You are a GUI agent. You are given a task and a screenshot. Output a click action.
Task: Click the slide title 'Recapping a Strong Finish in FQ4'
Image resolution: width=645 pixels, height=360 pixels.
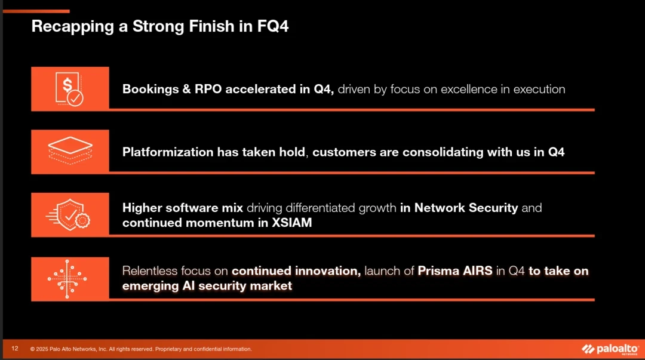click(160, 27)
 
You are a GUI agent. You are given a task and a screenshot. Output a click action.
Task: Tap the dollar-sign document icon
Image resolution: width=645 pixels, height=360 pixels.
click(69, 89)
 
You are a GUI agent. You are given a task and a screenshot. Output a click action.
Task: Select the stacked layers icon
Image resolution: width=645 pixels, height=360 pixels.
click(70, 150)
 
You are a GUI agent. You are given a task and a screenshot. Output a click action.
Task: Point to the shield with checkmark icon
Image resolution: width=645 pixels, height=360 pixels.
click(68, 215)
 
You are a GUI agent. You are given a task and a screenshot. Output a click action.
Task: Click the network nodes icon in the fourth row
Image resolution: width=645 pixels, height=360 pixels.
click(67, 279)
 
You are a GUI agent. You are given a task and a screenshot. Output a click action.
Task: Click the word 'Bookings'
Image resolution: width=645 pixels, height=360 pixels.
click(150, 90)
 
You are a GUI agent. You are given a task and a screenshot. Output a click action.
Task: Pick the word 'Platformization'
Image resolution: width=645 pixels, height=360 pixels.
click(168, 152)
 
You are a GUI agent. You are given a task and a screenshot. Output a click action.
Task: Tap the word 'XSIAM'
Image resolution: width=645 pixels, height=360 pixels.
click(291, 223)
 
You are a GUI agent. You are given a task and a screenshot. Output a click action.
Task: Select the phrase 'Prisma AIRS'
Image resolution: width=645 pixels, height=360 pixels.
click(455, 270)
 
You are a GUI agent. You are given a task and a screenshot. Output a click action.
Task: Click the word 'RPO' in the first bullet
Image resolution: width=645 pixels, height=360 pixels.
click(208, 90)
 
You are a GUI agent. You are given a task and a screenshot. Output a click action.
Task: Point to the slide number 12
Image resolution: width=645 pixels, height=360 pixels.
click(15, 349)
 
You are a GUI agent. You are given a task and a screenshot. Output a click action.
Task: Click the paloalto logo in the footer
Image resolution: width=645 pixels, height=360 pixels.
click(610, 349)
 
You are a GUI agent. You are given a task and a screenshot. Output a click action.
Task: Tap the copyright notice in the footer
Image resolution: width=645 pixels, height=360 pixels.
click(141, 349)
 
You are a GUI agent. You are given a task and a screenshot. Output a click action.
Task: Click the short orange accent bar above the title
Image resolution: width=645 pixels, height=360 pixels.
click(36, 11)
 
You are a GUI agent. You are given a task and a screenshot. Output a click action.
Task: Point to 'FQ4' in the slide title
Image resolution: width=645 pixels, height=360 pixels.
click(273, 26)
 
